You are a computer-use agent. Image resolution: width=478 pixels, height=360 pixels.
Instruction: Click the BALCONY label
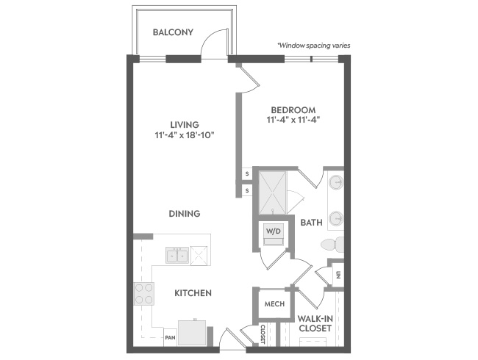pos(173,32)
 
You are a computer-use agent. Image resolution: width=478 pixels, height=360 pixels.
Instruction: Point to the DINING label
pos(185,214)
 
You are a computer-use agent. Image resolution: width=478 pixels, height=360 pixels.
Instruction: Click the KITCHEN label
pos(193,293)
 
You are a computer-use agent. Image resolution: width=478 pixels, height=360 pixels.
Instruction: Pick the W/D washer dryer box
pos(274,234)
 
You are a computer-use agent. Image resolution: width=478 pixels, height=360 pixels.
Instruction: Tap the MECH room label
pos(274,303)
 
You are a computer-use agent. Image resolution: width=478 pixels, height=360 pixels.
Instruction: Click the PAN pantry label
pos(171,337)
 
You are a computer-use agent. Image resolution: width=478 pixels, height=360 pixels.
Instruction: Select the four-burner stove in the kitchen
pos(144,294)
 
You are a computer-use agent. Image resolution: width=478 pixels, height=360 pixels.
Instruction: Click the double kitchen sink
pos(177,255)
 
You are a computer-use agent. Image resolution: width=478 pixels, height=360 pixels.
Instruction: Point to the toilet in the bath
pos(332,245)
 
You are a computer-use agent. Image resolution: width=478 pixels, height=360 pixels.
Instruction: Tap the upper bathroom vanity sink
pos(336,183)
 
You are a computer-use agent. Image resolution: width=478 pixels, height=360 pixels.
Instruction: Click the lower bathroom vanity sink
pos(336,218)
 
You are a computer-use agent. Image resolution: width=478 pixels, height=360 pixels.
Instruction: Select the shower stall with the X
pos(273,192)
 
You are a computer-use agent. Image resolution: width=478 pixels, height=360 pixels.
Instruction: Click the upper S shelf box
pos(247,174)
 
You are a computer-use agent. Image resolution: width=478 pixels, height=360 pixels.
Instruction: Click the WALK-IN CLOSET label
pos(315,323)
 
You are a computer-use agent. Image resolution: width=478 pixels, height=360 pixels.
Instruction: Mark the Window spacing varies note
pos(314,46)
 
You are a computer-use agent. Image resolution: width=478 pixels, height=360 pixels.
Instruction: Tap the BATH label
pos(311,223)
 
